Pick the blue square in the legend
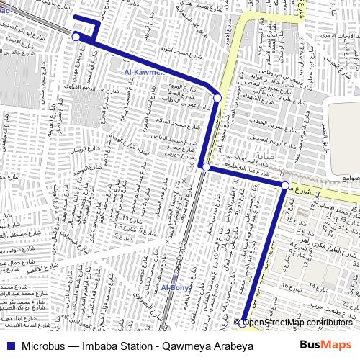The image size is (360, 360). (x=9, y=346)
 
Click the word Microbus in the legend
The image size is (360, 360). (x=40, y=346)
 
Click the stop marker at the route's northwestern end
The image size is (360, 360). (x=76, y=36)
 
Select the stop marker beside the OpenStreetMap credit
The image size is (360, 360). (x=245, y=323)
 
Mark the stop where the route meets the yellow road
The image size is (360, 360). (x=217, y=97)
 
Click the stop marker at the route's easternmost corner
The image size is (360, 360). (x=285, y=186)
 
